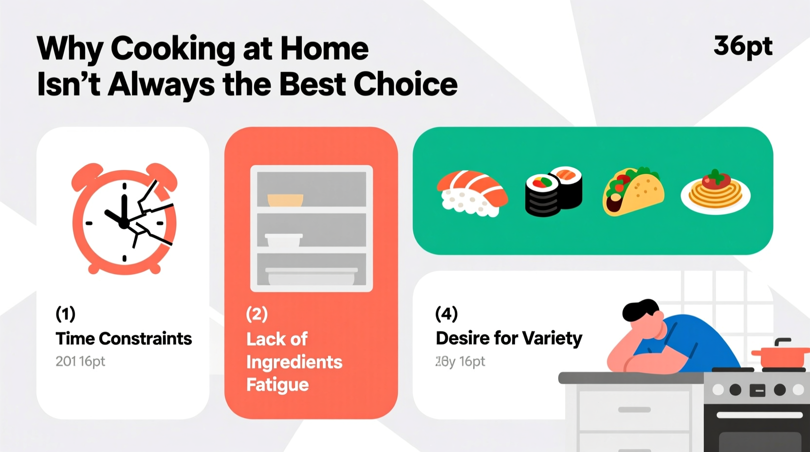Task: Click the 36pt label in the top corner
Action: [x=743, y=47]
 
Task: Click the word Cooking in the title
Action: [x=173, y=49]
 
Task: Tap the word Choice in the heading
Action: [x=405, y=84]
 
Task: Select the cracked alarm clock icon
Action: [x=125, y=219]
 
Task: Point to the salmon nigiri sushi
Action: [x=472, y=193]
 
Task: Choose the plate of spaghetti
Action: [x=715, y=193]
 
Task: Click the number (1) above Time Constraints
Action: [x=65, y=314]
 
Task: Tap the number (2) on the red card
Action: [x=257, y=314]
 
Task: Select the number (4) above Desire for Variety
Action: [x=446, y=314]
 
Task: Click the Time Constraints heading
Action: [x=124, y=339]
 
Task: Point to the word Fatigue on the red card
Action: [x=277, y=385]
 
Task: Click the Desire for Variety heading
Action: [x=509, y=338]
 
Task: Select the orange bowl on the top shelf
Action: [x=285, y=200]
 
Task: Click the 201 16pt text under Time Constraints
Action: [x=80, y=361]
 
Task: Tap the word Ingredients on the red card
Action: [x=294, y=362]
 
